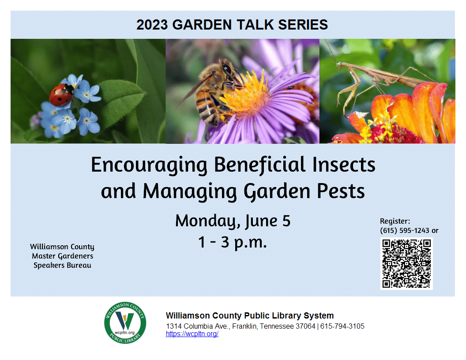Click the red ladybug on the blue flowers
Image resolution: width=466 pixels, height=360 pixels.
(x=61, y=95)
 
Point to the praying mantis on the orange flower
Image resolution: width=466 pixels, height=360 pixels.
(x=375, y=79)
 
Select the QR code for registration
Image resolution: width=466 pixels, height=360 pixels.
(x=406, y=263)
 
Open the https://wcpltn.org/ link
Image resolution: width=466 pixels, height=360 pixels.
(x=192, y=334)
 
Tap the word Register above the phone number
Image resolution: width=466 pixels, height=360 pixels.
(x=395, y=221)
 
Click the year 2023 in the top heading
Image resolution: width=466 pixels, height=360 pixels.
(x=152, y=25)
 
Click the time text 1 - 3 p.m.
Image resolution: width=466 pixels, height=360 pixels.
(x=233, y=242)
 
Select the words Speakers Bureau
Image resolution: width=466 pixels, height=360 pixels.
(x=62, y=265)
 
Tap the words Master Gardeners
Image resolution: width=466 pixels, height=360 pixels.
(x=62, y=256)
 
